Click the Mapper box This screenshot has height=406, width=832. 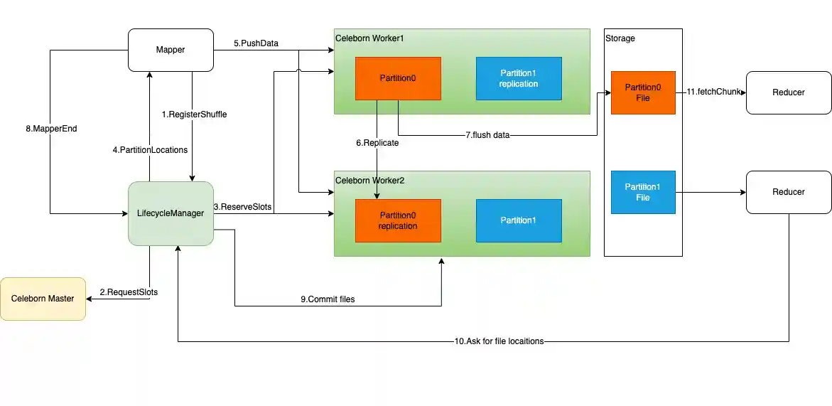171,50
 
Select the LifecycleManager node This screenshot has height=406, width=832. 171,213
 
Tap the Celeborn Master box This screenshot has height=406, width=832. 43,299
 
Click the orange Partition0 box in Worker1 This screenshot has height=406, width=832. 398,78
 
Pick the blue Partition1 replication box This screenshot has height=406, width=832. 519,78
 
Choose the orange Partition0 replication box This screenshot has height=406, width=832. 398,220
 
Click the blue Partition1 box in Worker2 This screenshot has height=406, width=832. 519,220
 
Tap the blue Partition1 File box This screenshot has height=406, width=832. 642,192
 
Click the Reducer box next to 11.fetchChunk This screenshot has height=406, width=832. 789,92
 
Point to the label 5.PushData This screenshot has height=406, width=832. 256,43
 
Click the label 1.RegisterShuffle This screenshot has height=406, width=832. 194,114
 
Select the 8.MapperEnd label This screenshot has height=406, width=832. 50,129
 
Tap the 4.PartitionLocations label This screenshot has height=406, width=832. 151,150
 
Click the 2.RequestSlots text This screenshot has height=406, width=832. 129,292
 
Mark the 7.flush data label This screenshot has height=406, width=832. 487,135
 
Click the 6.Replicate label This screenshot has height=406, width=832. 377,143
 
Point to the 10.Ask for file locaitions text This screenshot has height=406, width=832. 499,341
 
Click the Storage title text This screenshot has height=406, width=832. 620,38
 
